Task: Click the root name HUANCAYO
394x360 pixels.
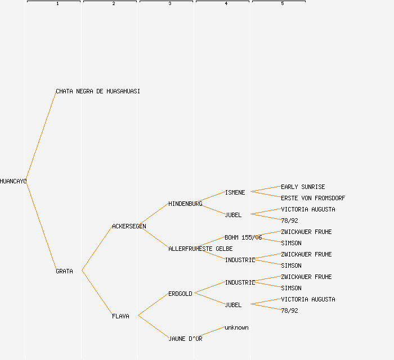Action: [x=13, y=181]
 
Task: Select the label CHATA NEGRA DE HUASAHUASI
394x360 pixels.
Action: [x=98, y=91]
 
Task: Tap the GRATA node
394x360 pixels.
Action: [x=64, y=271]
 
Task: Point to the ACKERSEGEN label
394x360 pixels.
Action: [x=129, y=226]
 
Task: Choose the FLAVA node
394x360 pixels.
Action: [x=120, y=316]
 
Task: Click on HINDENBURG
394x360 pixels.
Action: [x=185, y=204]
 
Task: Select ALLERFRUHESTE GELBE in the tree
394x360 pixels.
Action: [x=200, y=249]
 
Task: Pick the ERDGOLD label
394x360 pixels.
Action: [x=180, y=294]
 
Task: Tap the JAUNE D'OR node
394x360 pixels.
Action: [x=185, y=339]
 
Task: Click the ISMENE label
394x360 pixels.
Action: [x=235, y=192]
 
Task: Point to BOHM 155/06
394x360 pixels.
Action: [x=243, y=237]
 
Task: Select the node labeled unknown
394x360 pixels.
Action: [x=236, y=327]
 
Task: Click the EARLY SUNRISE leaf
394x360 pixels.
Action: [x=303, y=187]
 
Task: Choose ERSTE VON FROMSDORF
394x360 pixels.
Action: [x=313, y=198]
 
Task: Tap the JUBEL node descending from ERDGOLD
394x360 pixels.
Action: [x=233, y=305]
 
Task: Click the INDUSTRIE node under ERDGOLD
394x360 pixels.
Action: [x=240, y=282]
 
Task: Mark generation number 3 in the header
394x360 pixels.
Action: [x=169, y=4]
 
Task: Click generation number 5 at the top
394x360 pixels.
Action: [x=282, y=4]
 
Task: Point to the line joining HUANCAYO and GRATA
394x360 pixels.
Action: [x=41, y=226]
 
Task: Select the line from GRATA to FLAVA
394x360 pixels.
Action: [x=97, y=294]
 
